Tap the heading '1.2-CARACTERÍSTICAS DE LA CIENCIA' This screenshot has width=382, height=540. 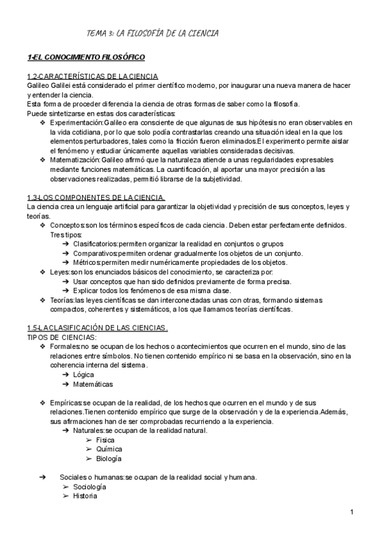coord(92,76)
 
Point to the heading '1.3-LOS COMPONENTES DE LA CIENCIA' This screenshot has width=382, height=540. coord(95,197)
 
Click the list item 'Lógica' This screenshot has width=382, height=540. coord(83,375)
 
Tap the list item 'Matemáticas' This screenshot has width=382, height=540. coord(93,385)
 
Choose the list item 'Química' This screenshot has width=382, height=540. coord(108,450)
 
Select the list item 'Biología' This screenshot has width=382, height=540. coord(109,459)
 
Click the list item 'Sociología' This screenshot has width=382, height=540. coord(89,487)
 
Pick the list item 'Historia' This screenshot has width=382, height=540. coord(85,497)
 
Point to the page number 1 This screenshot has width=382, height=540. coord(351,513)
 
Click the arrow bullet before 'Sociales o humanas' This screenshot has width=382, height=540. coord(43,478)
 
